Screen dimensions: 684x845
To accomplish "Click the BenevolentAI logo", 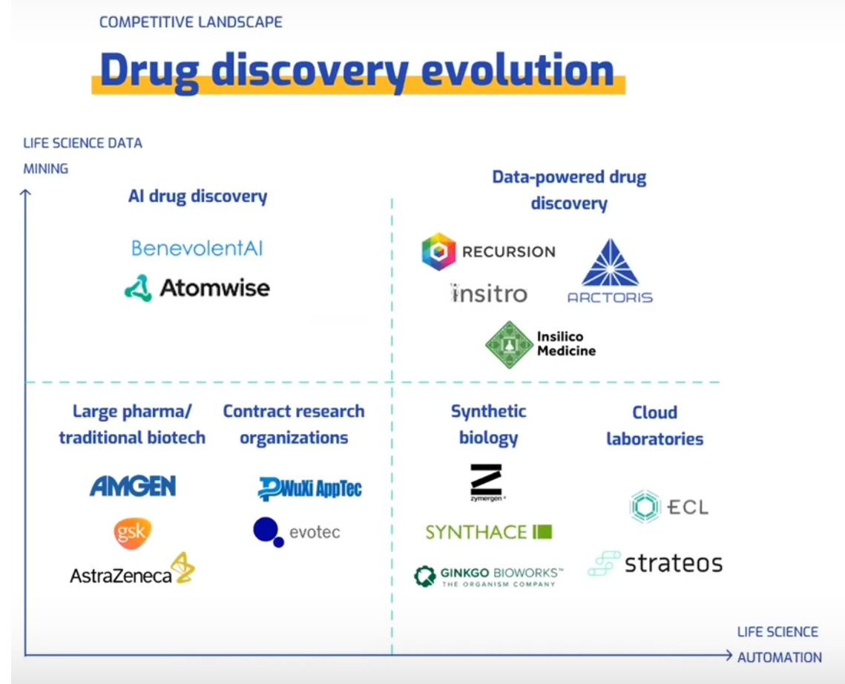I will click(197, 248).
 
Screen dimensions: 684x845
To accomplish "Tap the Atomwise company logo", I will click(197, 288).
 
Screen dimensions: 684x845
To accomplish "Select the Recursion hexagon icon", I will click(438, 251).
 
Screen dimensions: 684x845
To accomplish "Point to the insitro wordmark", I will click(489, 294).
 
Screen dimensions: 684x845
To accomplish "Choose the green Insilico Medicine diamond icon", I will click(509, 344).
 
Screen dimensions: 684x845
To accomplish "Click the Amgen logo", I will click(133, 486).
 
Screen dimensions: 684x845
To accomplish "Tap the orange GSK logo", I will click(133, 533).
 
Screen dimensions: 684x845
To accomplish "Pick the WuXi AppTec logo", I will click(310, 488).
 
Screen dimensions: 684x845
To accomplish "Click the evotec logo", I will click(296, 532).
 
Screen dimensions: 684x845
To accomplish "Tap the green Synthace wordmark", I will click(489, 531).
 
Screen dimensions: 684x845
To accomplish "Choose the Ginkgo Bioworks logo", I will click(489, 576).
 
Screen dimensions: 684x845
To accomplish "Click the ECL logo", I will click(668, 507).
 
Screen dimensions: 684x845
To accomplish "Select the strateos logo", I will click(655, 563).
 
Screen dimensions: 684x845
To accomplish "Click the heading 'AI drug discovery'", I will click(197, 197).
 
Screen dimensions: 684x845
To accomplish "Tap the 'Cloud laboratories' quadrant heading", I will click(654, 425).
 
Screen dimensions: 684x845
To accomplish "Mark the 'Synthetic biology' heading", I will click(488, 424).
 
